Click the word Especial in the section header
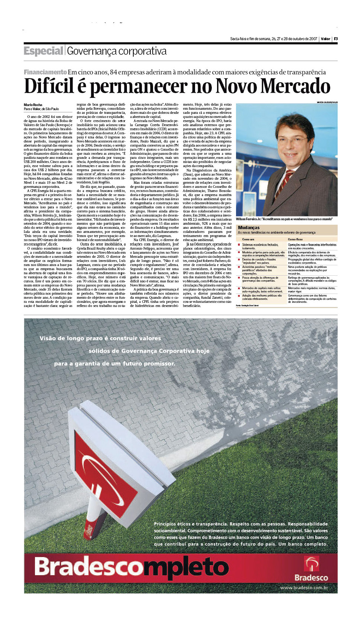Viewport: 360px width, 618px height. [x=44, y=51]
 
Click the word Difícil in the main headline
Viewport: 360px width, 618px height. [x=49, y=86]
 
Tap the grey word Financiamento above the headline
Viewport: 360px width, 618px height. [x=45, y=72]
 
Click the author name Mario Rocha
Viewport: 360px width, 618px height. [x=33, y=105]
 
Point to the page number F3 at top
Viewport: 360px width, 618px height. [x=335, y=39]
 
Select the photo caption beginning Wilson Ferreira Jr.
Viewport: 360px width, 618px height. [x=284, y=219]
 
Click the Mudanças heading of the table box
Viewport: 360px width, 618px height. [x=249, y=227]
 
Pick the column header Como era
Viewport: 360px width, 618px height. [x=248, y=239]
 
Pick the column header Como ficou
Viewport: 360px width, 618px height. [x=295, y=239]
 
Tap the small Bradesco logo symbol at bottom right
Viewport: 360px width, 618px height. [x=311, y=563]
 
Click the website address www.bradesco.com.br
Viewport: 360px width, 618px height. [x=304, y=587]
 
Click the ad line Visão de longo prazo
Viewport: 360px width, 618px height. [x=100, y=338]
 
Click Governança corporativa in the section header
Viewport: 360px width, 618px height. [x=117, y=51]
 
